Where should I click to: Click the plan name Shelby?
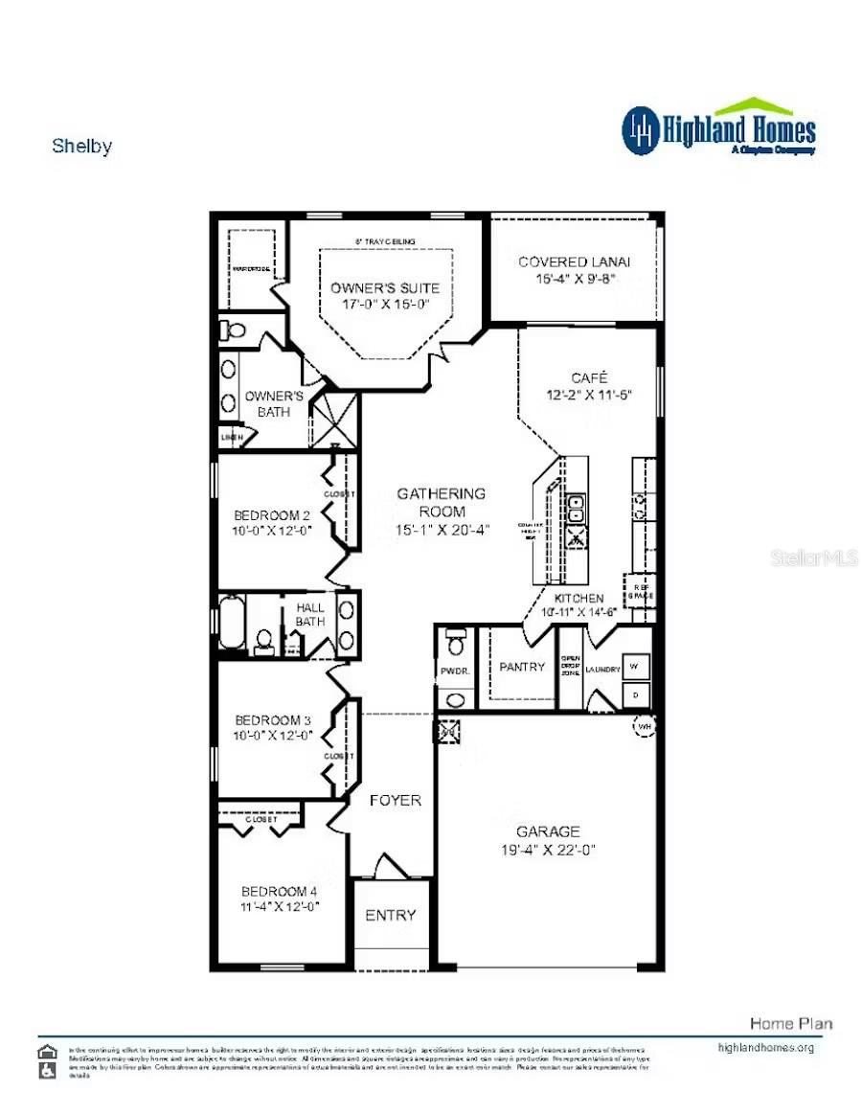(81, 147)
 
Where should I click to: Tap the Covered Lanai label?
(574, 262)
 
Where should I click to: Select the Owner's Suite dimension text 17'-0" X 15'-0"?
(385, 305)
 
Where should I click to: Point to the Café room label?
(589, 376)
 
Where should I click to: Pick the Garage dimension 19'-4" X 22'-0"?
(548, 850)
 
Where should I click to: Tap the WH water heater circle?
(643, 726)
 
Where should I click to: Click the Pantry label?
(522, 667)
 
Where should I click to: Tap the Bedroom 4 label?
(280, 890)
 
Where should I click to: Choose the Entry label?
(391, 916)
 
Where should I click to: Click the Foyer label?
(395, 800)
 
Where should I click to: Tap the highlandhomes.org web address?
(765, 1047)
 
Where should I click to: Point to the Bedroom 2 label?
(273, 515)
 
